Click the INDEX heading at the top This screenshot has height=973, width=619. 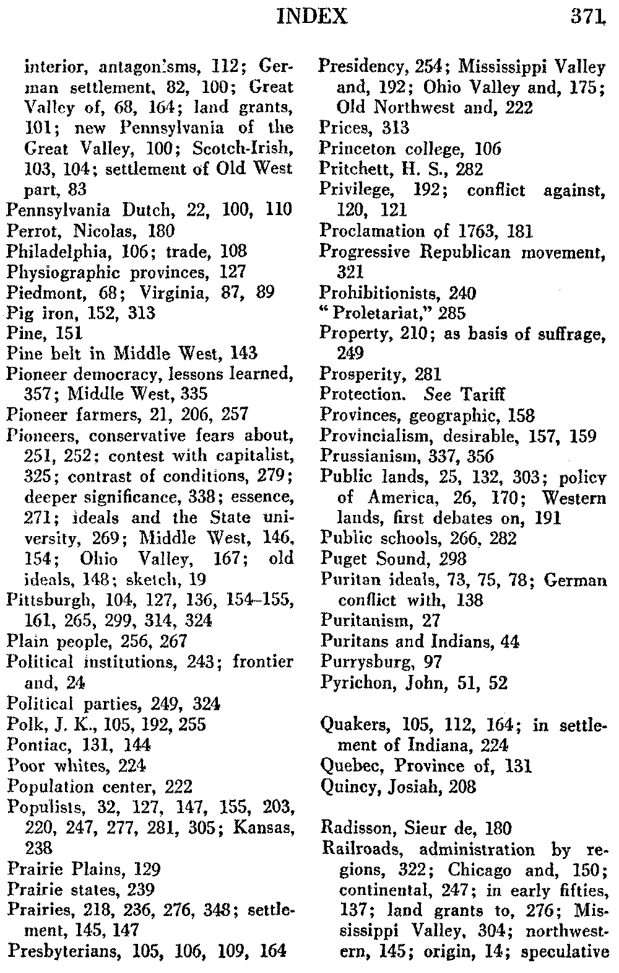coord(313,15)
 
